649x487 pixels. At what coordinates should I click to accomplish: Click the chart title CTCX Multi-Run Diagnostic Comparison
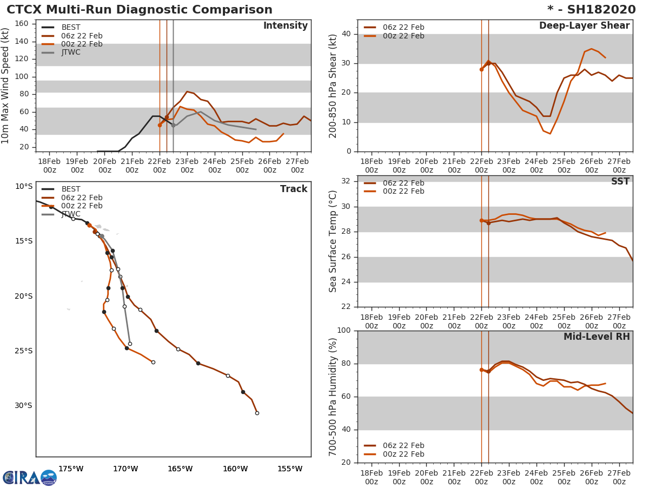pos(140,10)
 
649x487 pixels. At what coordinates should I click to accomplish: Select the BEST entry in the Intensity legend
pos(70,28)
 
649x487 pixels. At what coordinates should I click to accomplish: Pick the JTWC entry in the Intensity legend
pos(70,52)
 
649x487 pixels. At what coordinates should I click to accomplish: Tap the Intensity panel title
pos(285,26)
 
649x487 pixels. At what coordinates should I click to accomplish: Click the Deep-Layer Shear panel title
pos(584,26)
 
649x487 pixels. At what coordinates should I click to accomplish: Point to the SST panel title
pos(620,182)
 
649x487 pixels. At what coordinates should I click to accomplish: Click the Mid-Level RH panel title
pos(597,337)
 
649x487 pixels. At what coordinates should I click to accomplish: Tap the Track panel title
pos(293,189)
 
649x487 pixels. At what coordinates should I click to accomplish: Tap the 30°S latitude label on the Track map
pos(23,406)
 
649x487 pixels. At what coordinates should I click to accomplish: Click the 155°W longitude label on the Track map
pos(290,469)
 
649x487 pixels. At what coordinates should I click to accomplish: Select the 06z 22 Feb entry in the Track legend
pos(81,198)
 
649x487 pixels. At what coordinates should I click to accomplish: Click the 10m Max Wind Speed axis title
pos(6,86)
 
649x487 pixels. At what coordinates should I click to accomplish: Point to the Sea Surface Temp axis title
pos(334,241)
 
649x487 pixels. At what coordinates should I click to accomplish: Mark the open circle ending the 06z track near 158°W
pos(257,413)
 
